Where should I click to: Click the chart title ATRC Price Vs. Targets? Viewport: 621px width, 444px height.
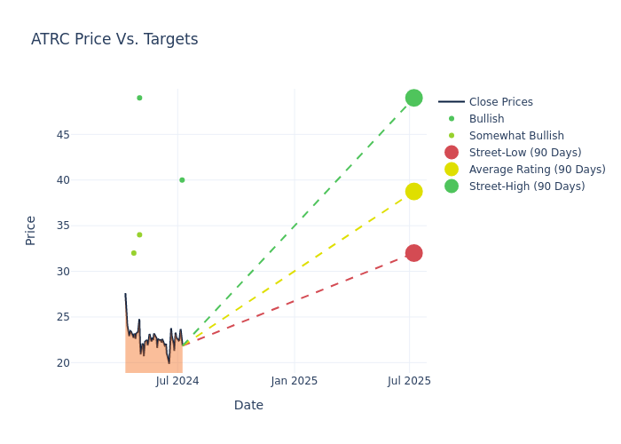114,40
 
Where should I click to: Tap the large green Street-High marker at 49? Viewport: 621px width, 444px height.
413,98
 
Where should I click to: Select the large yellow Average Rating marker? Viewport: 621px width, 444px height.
413,191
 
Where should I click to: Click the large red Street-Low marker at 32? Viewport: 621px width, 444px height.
413,253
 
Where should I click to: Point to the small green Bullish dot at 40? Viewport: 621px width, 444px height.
182,180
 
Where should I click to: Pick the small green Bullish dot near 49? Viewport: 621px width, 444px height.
139,98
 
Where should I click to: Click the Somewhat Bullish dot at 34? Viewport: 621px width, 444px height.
139,234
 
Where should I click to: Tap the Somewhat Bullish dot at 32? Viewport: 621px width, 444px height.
134,253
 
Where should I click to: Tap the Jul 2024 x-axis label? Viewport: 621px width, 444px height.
177,381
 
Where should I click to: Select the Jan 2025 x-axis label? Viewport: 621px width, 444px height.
295,381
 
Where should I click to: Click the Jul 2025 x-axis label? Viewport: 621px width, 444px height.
409,381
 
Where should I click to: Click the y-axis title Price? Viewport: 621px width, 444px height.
31,230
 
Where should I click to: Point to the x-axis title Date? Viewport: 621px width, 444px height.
248,406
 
